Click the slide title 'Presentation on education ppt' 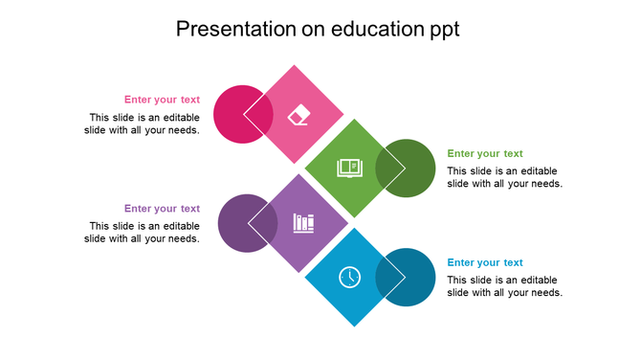(x=319, y=30)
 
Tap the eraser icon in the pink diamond (x=299, y=114)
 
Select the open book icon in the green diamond (x=350, y=169)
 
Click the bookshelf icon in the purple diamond (x=303, y=223)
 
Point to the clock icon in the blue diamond (x=350, y=277)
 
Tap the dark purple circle (x=237, y=223)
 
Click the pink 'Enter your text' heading (x=162, y=99)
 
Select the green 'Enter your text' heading (x=485, y=153)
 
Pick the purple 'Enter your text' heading (x=162, y=208)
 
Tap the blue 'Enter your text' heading (x=485, y=262)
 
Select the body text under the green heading (x=504, y=177)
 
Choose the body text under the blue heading (x=504, y=286)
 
